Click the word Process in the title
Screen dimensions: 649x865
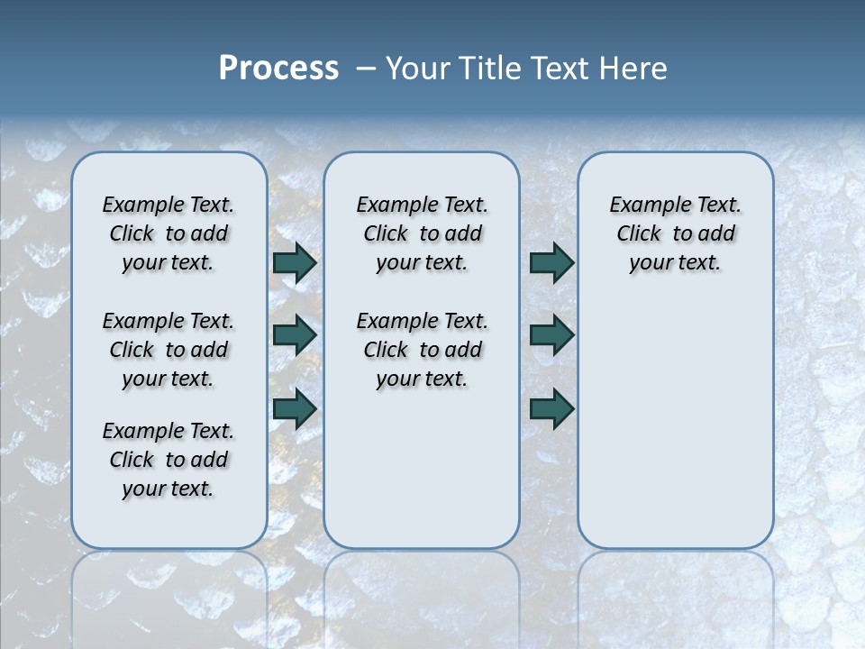pyautogui.click(x=278, y=69)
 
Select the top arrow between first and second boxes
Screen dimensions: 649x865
pyautogui.click(x=295, y=263)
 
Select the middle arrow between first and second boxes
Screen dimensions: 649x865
pyautogui.click(x=295, y=335)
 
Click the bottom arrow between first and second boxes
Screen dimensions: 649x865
pyautogui.click(x=295, y=409)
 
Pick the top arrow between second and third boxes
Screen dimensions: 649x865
pyautogui.click(x=551, y=263)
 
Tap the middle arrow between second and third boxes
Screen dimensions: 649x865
pyautogui.click(x=551, y=335)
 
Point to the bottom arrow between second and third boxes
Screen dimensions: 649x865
pyautogui.click(x=551, y=409)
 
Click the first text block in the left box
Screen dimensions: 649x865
pyautogui.click(x=168, y=233)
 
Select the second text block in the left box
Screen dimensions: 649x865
pyautogui.click(x=168, y=350)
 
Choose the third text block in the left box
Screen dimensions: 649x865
pyautogui.click(x=168, y=460)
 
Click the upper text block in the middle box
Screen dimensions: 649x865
pyautogui.click(x=422, y=233)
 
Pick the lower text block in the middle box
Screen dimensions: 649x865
pyautogui.click(x=422, y=350)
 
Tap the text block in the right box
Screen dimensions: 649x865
pyautogui.click(x=675, y=233)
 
